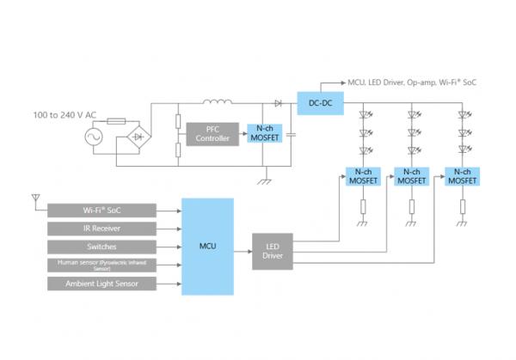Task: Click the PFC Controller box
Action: click(x=210, y=134)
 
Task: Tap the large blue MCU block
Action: click(x=207, y=247)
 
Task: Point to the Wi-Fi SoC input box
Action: click(x=101, y=210)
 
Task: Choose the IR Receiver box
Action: click(x=101, y=229)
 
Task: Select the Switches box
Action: click(x=101, y=247)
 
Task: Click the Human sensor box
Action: click(x=101, y=265)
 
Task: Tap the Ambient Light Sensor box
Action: click(x=101, y=284)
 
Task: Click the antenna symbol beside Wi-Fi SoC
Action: click(x=34, y=199)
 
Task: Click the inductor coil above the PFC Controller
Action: click(x=218, y=103)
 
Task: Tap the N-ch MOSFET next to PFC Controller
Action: click(x=263, y=134)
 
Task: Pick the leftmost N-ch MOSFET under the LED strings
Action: click(x=363, y=177)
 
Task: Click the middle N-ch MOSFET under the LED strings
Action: click(x=412, y=177)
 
